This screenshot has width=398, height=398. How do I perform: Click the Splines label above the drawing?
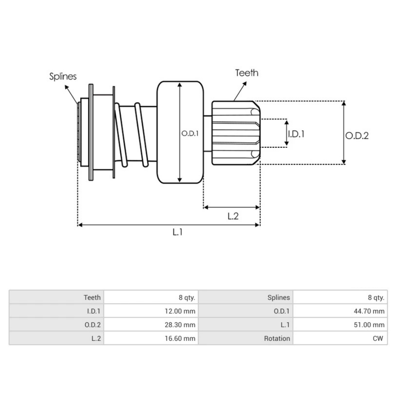(63, 76)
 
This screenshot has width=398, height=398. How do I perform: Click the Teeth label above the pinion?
(246, 73)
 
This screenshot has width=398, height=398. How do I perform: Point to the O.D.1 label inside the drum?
(190, 134)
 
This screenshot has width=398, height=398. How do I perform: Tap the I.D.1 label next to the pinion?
(296, 134)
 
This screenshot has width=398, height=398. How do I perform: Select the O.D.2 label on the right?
(357, 136)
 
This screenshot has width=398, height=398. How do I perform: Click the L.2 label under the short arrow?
(233, 216)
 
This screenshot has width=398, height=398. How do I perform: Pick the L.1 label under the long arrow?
(177, 232)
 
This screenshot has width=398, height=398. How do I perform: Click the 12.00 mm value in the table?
(180, 311)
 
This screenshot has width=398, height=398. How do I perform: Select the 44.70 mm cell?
(369, 311)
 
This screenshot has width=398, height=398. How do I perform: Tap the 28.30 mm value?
(180, 325)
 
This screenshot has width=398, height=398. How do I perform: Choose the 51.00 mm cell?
(369, 325)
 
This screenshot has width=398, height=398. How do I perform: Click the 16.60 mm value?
(180, 339)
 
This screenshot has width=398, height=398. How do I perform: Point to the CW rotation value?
(377, 339)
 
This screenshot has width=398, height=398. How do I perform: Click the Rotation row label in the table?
(277, 339)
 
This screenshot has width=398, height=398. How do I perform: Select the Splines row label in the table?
(279, 298)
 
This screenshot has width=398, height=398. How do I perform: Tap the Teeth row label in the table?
(92, 298)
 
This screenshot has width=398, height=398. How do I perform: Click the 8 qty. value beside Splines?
(376, 298)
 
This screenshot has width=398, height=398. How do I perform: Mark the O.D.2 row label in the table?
(93, 325)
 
